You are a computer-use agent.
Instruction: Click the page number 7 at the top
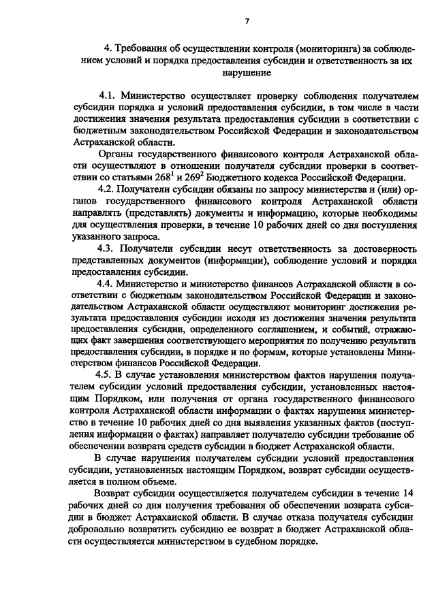(x=247, y=22)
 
